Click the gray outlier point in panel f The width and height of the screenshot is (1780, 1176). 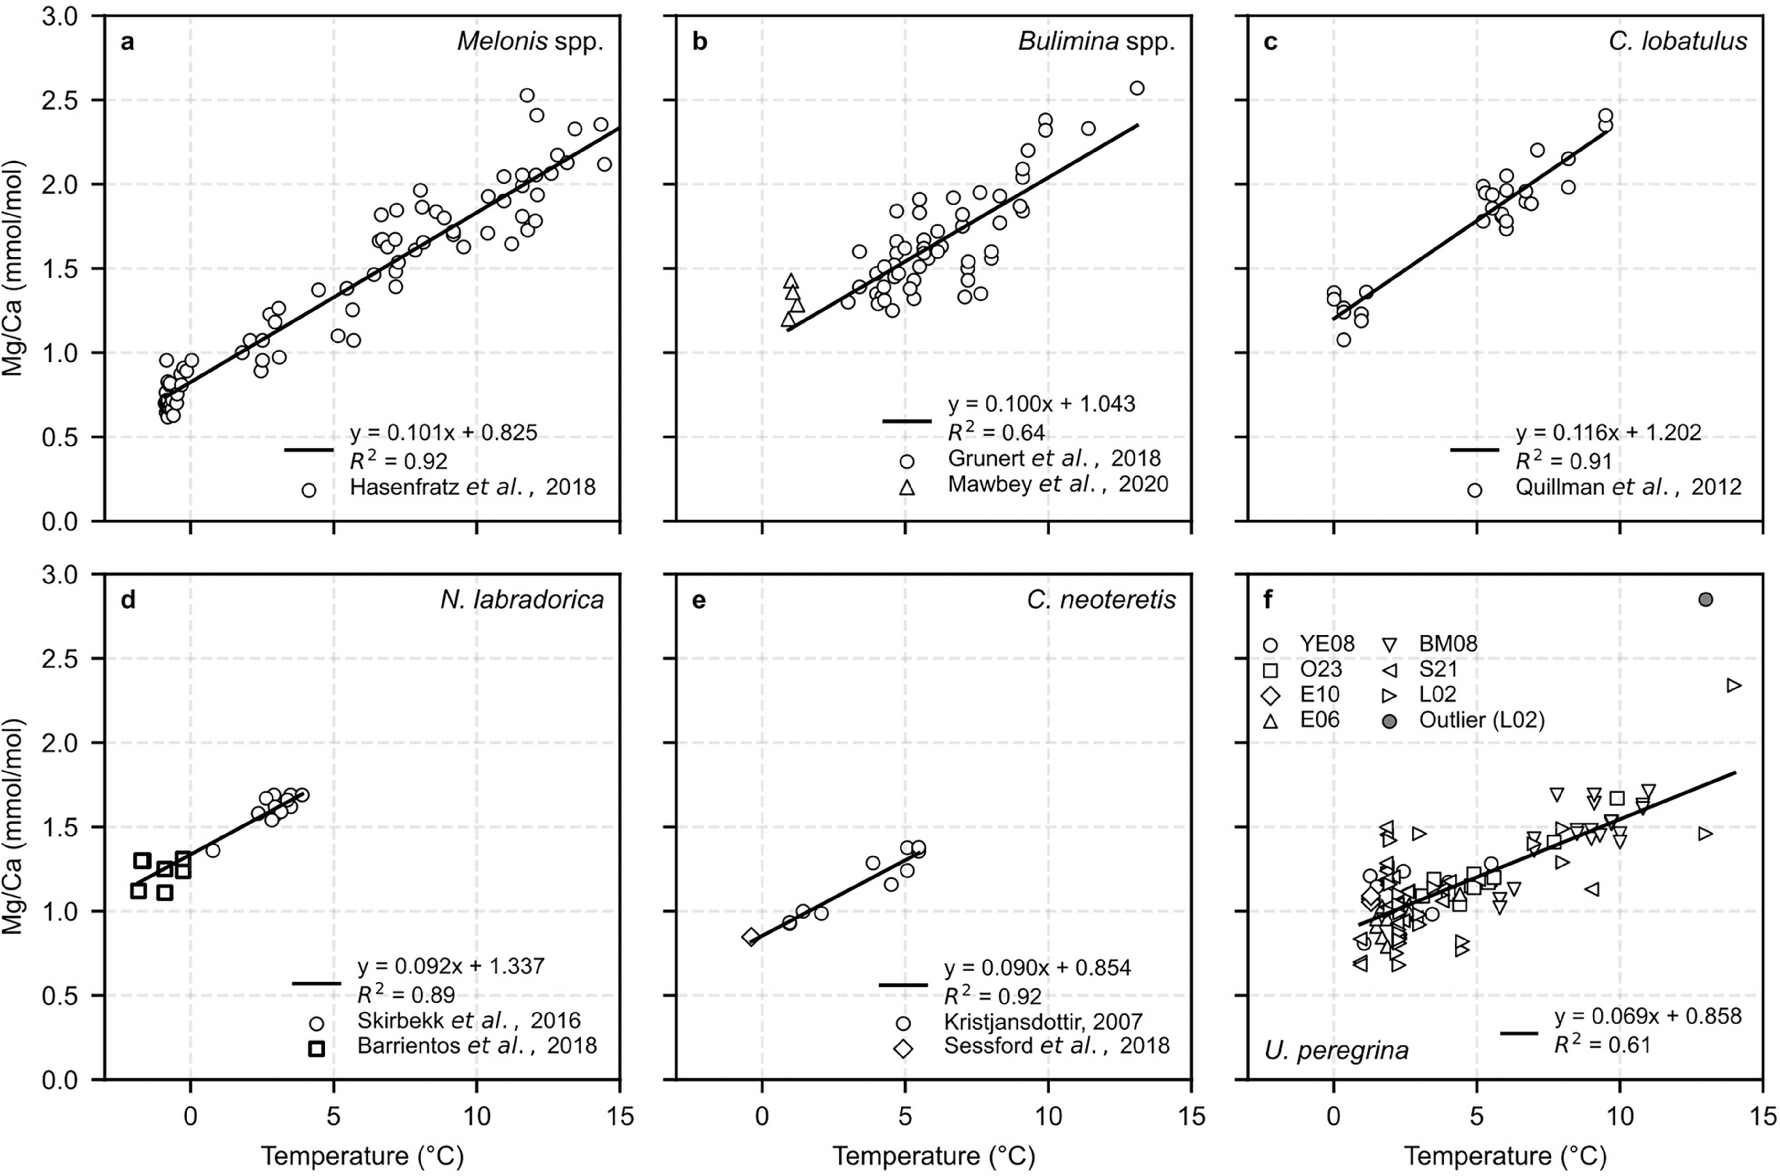click(1706, 599)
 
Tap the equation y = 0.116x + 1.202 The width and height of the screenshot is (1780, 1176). click(1608, 433)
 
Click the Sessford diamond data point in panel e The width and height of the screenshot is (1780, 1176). click(751, 936)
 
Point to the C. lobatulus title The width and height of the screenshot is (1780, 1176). click(1677, 42)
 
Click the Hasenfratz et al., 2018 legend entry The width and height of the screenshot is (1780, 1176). click(473, 488)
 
